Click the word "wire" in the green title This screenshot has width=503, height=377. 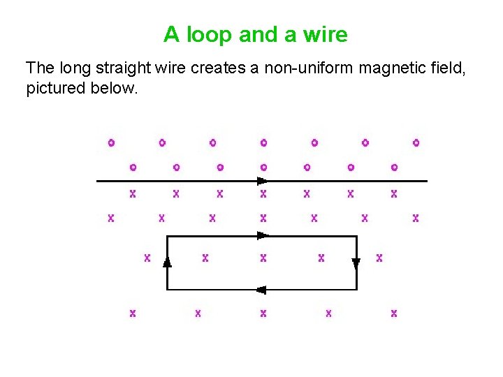click(x=324, y=34)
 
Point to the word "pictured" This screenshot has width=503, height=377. click(x=52, y=89)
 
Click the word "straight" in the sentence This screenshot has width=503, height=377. click(x=117, y=68)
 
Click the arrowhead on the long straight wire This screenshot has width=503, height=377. click(x=263, y=181)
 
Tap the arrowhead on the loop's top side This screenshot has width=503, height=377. click(x=263, y=236)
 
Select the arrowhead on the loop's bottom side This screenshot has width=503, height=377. click(x=262, y=290)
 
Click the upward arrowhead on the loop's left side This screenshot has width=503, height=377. click(x=167, y=262)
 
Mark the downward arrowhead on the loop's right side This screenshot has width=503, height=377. click(x=356, y=263)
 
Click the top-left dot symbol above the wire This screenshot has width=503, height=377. click(x=110, y=143)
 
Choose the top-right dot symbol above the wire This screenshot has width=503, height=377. click(x=416, y=143)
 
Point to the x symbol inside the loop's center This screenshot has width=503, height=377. click(x=263, y=258)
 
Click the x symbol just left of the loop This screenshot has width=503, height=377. click(x=147, y=258)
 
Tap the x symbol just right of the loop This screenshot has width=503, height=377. click(x=379, y=258)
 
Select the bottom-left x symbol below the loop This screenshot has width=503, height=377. click(x=132, y=313)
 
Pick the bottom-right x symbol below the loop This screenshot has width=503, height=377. click(x=394, y=313)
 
